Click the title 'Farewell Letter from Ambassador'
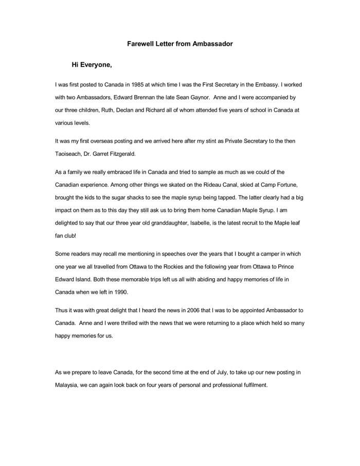[x=180, y=44]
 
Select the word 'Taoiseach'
[x=68, y=153]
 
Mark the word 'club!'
[x=72, y=236]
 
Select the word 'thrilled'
[x=125, y=324]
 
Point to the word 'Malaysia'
[x=66, y=385]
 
